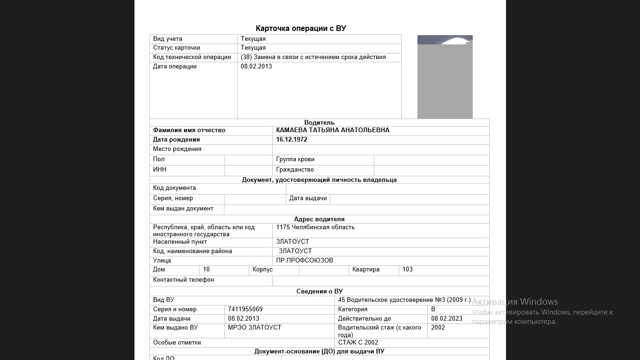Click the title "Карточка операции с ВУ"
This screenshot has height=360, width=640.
tap(301, 29)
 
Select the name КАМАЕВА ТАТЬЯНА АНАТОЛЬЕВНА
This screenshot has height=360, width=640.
tap(333, 130)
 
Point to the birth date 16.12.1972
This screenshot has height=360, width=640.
tap(291, 140)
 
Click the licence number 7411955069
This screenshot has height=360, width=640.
tap(245, 309)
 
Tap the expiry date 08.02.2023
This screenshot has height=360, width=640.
tap(447, 319)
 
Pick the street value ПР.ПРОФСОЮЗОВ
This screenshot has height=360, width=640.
tap(305, 261)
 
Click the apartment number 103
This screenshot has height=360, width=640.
tap(408, 270)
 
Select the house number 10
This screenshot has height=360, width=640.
tap(207, 270)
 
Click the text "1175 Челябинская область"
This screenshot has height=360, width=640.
tap(315, 227)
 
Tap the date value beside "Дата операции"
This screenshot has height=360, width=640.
tap(256, 67)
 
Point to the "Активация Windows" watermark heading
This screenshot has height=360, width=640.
tap(514, 302)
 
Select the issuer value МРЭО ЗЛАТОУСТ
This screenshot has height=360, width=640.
tap(254, 328)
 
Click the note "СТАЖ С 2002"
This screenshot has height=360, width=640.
tap(358, 343)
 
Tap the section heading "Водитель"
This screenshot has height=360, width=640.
tap(319, 123)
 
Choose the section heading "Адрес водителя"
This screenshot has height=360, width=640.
tap(319, 219)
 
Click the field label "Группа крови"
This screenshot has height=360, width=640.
tap(295, 159)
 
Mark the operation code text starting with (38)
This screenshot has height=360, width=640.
tap(313, 57)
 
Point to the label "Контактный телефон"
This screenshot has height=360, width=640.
tap(183, 280)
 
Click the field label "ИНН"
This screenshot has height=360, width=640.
tap(160, 170)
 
